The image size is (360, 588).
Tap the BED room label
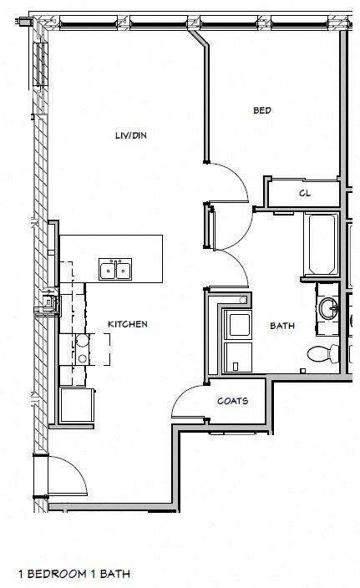262,110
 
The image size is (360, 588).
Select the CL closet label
305,194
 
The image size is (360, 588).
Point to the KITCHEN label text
128,324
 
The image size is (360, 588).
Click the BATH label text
281,326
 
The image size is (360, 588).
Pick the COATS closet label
232,401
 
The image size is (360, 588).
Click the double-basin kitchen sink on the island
115,270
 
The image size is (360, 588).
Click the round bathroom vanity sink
327,309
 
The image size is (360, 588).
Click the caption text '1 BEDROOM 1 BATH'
74,574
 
